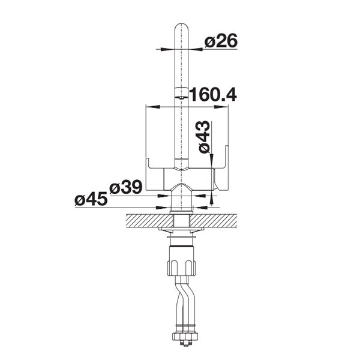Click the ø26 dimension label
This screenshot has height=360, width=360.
point(221,41)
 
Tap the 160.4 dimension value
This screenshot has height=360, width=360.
point(213,94)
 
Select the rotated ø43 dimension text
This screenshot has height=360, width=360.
point(204,137)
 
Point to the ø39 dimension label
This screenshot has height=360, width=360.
point(125,188)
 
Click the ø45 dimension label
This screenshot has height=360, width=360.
point(91,199)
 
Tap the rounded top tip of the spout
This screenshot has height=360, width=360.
point(181,24)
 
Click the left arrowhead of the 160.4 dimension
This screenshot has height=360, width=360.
point(152,107)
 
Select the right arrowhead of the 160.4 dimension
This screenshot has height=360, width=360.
point(221,107)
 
